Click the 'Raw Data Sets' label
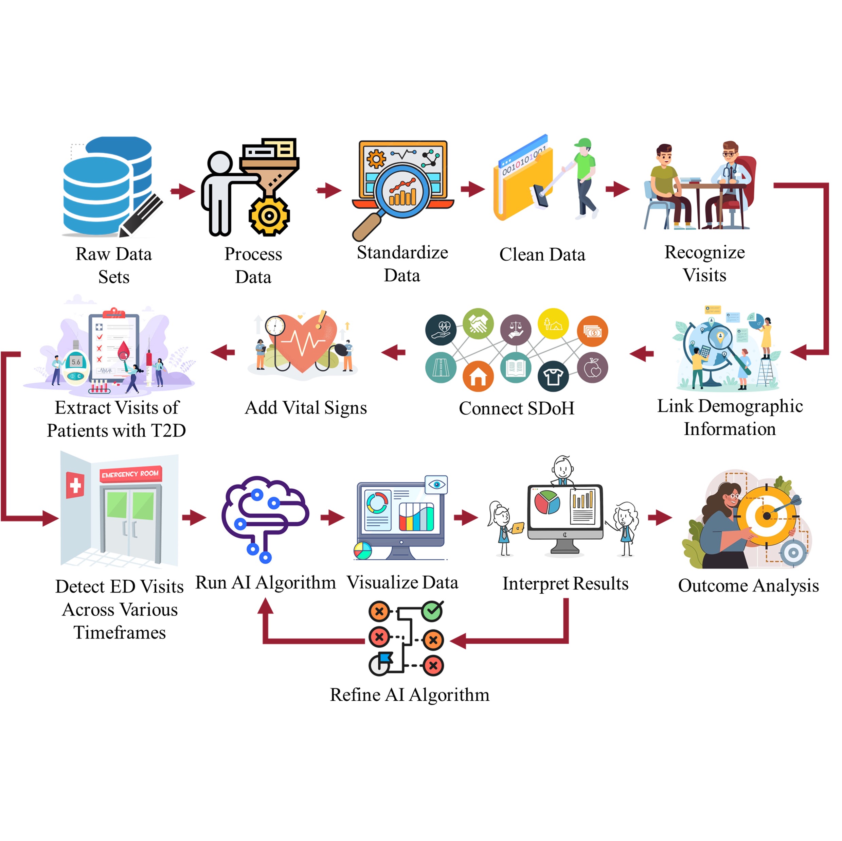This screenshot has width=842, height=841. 114,265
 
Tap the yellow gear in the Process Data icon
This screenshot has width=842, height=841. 269,215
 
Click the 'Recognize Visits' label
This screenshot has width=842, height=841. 704,263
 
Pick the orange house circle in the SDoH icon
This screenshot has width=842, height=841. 478,376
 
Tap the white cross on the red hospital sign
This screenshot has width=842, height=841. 75,485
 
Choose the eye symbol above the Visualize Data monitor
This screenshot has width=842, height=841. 436,484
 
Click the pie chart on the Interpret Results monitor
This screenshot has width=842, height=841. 547,502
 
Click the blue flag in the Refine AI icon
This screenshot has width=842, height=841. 386,658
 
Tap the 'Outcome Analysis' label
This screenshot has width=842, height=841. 748,585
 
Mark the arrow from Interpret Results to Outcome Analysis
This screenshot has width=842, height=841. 659,518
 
